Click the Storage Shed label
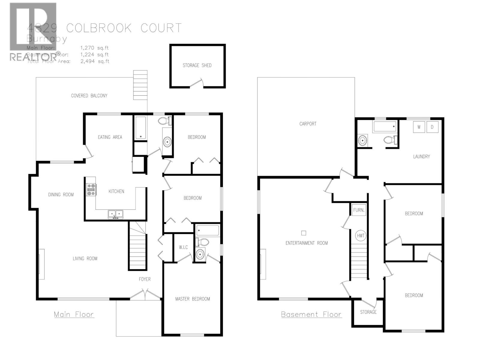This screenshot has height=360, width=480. click(x=197, y=65)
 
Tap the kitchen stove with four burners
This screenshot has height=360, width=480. click(x=91, y=190)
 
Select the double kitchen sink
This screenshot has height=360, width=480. click(x=115, y=214)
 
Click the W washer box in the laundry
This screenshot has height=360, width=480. click(x=419, y=127)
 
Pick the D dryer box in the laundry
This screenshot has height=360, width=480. click(x=432, y=127)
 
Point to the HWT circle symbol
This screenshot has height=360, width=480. click(x=361, y=235)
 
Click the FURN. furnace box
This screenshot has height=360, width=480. click(x=359, y=210)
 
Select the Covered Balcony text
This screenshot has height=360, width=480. click(x=89, y=96)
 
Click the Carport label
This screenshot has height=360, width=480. click(x=308, y=124)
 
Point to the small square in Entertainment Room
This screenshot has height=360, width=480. click(x=304, y=233)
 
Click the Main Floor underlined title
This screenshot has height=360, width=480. click(x=74, y=314)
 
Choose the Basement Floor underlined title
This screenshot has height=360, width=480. click(x=311, y=314)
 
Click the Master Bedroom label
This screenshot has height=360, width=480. click(x=193, y=299)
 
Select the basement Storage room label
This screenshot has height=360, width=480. click(x=368, y=312)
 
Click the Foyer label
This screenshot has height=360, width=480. click(x=145, y=279)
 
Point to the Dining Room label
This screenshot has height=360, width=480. click(x=61, y=195)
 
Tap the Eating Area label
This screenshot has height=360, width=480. click(x=110, y=137)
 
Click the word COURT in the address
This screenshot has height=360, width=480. click(x=161, y=28)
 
